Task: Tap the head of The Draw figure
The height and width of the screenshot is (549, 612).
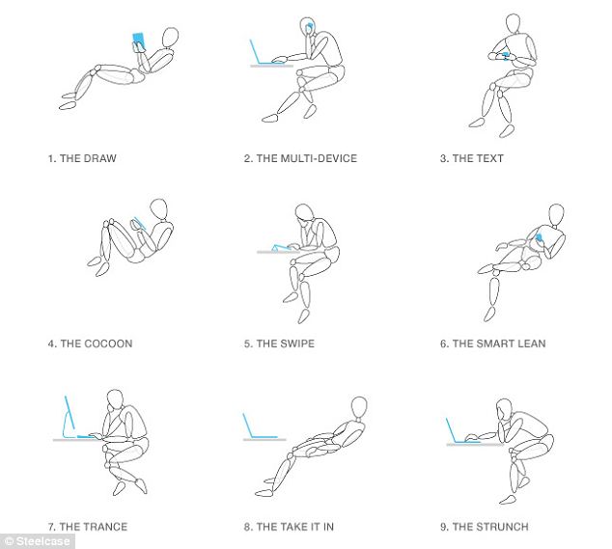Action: [170, 38]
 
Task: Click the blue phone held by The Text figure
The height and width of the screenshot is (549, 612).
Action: [505, 56]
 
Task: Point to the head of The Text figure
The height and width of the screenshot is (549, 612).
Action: [513, 24]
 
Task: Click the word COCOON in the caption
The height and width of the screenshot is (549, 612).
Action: [108, 343]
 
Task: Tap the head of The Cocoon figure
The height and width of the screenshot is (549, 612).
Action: [159, 209]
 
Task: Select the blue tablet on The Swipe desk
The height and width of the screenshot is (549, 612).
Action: [280, 248]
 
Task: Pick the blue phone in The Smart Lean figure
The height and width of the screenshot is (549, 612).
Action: [539, 237]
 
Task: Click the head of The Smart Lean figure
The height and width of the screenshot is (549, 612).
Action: [556, 214]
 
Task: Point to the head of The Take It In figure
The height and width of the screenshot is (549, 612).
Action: [359, 408]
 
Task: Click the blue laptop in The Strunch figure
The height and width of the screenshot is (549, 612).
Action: [458, 431]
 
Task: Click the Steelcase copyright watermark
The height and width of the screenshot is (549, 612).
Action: [38, 541]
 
